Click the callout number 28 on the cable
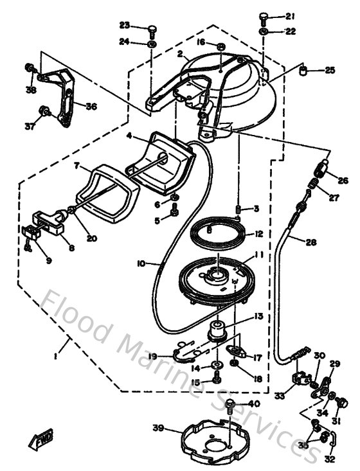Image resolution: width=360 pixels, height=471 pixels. [311, 242]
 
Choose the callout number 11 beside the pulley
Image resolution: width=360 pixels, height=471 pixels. [260, 254]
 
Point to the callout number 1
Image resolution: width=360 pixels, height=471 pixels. [57, 357]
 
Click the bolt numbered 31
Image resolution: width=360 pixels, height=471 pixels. [341, 404]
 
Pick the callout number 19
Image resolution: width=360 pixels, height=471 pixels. [152, 355]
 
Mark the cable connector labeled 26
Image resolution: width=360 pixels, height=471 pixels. [318, 170]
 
